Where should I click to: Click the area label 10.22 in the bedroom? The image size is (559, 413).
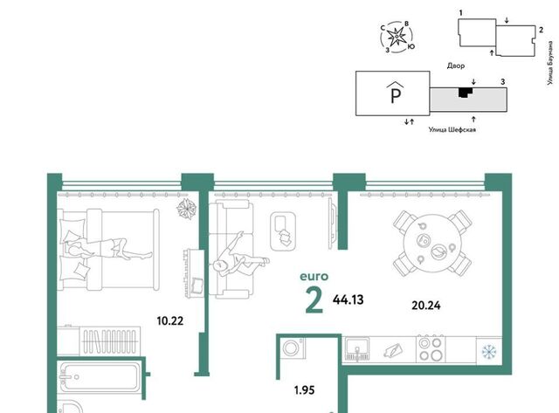170,321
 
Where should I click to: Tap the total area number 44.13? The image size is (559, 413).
348,299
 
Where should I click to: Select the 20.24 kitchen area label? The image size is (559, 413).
426,306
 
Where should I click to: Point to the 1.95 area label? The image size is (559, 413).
305,390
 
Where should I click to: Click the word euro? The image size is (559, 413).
314,276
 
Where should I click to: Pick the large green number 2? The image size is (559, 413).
314,301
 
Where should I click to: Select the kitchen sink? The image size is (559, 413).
357,349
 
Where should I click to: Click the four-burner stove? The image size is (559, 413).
431,348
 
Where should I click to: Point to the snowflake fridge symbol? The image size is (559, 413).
489,351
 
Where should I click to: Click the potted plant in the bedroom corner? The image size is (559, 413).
187,208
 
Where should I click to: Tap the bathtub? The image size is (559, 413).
99,377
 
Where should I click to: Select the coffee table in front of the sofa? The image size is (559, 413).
284,231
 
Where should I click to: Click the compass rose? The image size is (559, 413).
397,37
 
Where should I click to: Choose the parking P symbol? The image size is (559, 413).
396,93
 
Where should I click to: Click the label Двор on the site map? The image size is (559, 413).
456,66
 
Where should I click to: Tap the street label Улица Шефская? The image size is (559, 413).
452,130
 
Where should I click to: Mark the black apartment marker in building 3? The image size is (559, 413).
466,93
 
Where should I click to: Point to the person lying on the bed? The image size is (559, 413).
107,249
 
